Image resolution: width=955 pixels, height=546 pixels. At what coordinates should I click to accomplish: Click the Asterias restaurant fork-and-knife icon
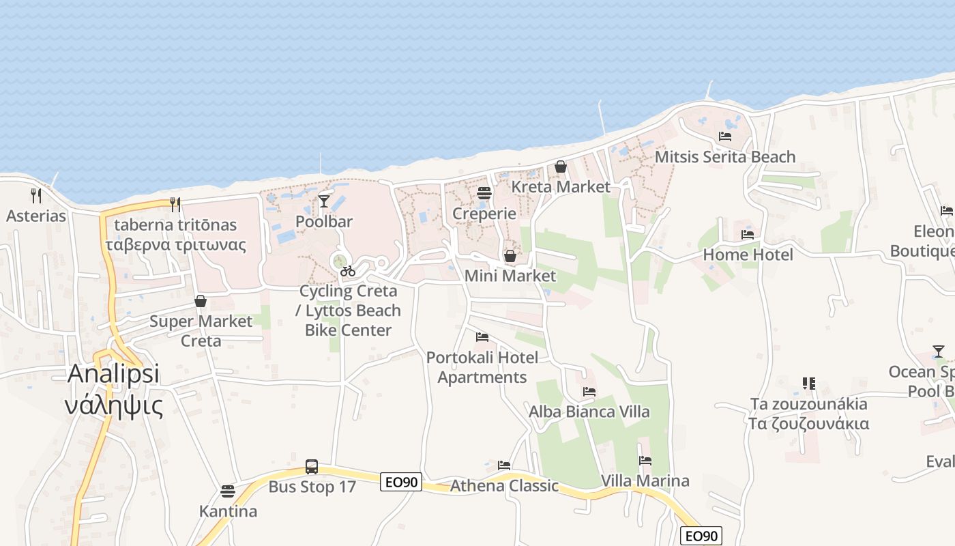36,196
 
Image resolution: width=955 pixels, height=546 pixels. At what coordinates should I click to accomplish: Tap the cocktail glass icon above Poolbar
324,201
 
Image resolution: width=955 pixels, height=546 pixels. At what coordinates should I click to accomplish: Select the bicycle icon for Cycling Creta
348,271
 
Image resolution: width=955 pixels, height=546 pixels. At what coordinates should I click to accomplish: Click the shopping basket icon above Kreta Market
561,167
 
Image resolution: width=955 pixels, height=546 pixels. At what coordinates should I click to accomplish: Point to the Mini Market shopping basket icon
510,256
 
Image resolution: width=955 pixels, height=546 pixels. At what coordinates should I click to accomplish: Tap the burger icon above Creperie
484,193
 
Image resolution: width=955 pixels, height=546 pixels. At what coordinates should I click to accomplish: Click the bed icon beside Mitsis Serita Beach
725,136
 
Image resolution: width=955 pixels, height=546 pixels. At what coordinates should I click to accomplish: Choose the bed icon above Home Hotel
748,235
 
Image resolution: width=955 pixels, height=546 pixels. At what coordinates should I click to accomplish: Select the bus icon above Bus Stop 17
312,467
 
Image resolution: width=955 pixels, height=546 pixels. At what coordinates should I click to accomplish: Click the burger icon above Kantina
228,491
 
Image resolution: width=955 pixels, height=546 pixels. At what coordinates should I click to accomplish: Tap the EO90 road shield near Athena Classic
401,483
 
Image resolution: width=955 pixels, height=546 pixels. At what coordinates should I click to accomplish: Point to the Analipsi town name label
114,373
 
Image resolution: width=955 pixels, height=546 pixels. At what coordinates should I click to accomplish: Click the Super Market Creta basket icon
201,301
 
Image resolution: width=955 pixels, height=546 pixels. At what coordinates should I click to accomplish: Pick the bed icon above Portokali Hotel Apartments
482,337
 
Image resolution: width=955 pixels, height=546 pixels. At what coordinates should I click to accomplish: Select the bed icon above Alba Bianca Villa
589,392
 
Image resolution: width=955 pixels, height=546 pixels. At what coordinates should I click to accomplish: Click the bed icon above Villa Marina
645,461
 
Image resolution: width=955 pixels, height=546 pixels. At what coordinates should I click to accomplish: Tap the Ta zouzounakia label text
808,404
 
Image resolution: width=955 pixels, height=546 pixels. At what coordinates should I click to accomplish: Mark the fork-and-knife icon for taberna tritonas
175,204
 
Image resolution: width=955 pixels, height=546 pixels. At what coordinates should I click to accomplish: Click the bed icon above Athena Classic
504,465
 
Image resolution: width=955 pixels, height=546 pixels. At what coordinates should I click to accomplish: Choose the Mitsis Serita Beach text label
725,157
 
